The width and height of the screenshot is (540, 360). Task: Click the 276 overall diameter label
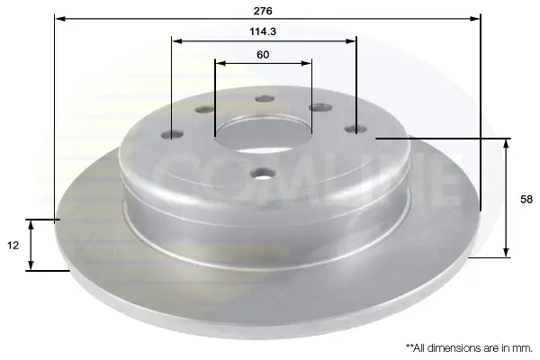point(263,11)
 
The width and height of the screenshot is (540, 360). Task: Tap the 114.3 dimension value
point(263,31)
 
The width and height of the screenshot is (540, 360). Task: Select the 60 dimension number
point(263,55)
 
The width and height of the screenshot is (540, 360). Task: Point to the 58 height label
point(526,200)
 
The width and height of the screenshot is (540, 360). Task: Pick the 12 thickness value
point(13,246)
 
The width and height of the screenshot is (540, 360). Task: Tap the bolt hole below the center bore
point(263,174)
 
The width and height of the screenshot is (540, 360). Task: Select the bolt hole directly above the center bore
point(265,99)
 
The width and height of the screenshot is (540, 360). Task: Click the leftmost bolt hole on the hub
point(172,134)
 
